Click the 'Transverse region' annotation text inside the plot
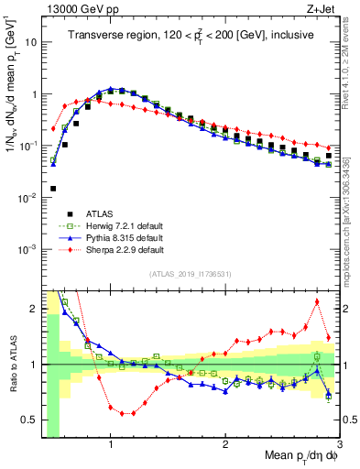click(x=192, y=35)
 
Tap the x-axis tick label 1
click(x=111, y=444)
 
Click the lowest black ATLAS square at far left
click(x=53, y=189)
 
